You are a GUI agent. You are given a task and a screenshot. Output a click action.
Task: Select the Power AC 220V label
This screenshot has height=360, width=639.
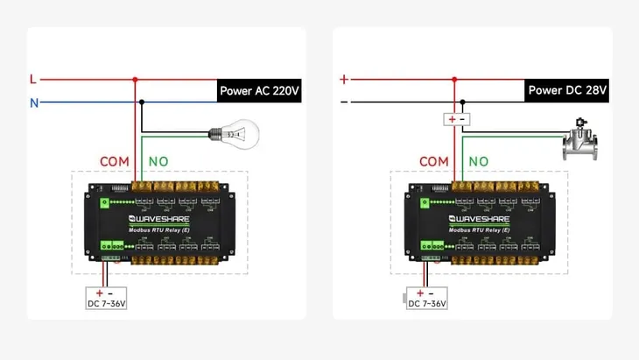260,90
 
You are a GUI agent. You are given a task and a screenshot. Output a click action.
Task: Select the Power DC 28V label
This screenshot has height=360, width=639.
567,90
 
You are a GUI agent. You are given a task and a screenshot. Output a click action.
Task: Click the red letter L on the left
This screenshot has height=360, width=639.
33,80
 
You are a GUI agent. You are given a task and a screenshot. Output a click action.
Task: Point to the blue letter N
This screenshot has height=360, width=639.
34,102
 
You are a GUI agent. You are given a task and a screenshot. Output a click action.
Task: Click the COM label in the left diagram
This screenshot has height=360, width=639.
114,162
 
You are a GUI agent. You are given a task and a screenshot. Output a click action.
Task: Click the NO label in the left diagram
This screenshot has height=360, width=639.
158,162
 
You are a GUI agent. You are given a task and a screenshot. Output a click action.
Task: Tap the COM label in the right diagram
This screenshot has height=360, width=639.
433,162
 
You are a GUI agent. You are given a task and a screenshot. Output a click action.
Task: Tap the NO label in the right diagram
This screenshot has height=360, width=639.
478,162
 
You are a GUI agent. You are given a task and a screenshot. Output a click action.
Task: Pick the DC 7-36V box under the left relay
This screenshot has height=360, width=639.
106,299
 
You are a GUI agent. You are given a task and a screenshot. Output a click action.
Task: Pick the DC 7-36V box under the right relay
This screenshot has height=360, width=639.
426,299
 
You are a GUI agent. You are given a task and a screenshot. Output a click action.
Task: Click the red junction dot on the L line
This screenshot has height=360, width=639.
136,80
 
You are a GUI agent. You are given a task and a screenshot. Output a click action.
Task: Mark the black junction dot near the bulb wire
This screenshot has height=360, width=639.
143,102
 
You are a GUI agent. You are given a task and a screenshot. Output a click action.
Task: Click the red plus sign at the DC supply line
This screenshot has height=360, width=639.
344,80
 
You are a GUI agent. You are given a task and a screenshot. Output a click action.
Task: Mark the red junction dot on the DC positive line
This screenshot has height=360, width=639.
455,80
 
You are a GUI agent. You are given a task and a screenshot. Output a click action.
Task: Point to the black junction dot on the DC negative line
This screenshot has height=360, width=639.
463,102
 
